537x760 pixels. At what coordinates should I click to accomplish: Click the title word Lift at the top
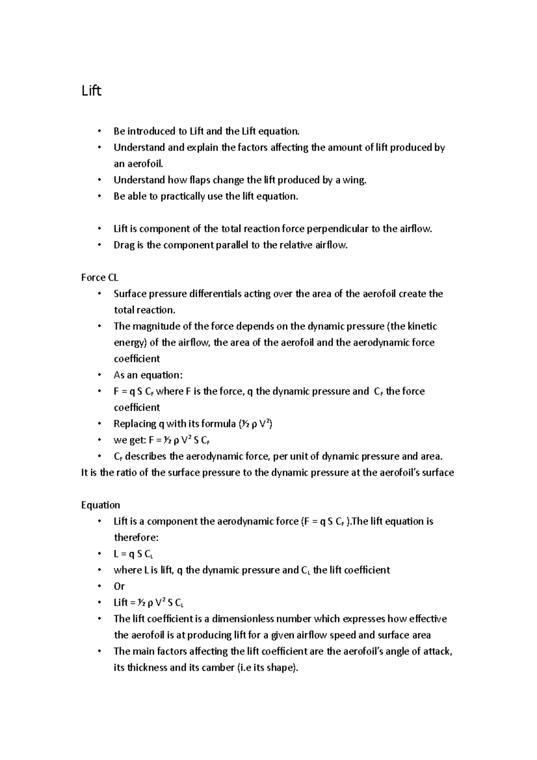coord(91,91)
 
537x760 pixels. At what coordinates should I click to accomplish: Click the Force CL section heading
coord(99,278)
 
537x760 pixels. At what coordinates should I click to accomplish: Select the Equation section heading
coord(100,505)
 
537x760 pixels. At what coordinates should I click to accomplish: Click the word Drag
coord(124,245)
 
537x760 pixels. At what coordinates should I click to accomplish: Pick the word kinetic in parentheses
coord(422,326)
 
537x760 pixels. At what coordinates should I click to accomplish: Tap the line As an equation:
coord(148,375)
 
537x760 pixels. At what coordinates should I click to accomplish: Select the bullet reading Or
coord(119,586)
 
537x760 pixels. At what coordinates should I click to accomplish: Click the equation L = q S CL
coord(133,554)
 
